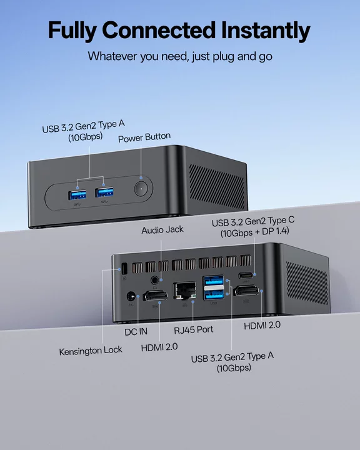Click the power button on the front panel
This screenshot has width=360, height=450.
click(141, 189)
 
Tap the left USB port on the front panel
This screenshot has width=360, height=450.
click(77, 195)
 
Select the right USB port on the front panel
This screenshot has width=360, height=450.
click(104, 192)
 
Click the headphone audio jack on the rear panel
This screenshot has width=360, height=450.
click(155, 279)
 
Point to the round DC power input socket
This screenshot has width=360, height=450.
click(131, 296)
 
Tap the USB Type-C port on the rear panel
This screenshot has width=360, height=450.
click(246, 276)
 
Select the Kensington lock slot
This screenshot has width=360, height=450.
click(124, 269)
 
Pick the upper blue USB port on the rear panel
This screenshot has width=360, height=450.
click(213, 281)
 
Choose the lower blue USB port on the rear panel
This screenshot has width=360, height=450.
click(213, 294)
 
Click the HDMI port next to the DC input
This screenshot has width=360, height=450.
click(155, 296)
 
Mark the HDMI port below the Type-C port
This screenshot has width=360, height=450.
click(247, 291)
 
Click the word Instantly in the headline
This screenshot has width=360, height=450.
click(266, 31)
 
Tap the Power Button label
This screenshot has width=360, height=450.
click(144, 137)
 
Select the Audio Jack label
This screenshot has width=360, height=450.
click(162, 230)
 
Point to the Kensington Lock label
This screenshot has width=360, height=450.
click(91, 351)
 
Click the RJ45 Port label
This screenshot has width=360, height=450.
click(194, 330)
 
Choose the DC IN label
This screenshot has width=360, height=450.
click(136, 332)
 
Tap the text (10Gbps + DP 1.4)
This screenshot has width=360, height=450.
click(254, 232)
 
